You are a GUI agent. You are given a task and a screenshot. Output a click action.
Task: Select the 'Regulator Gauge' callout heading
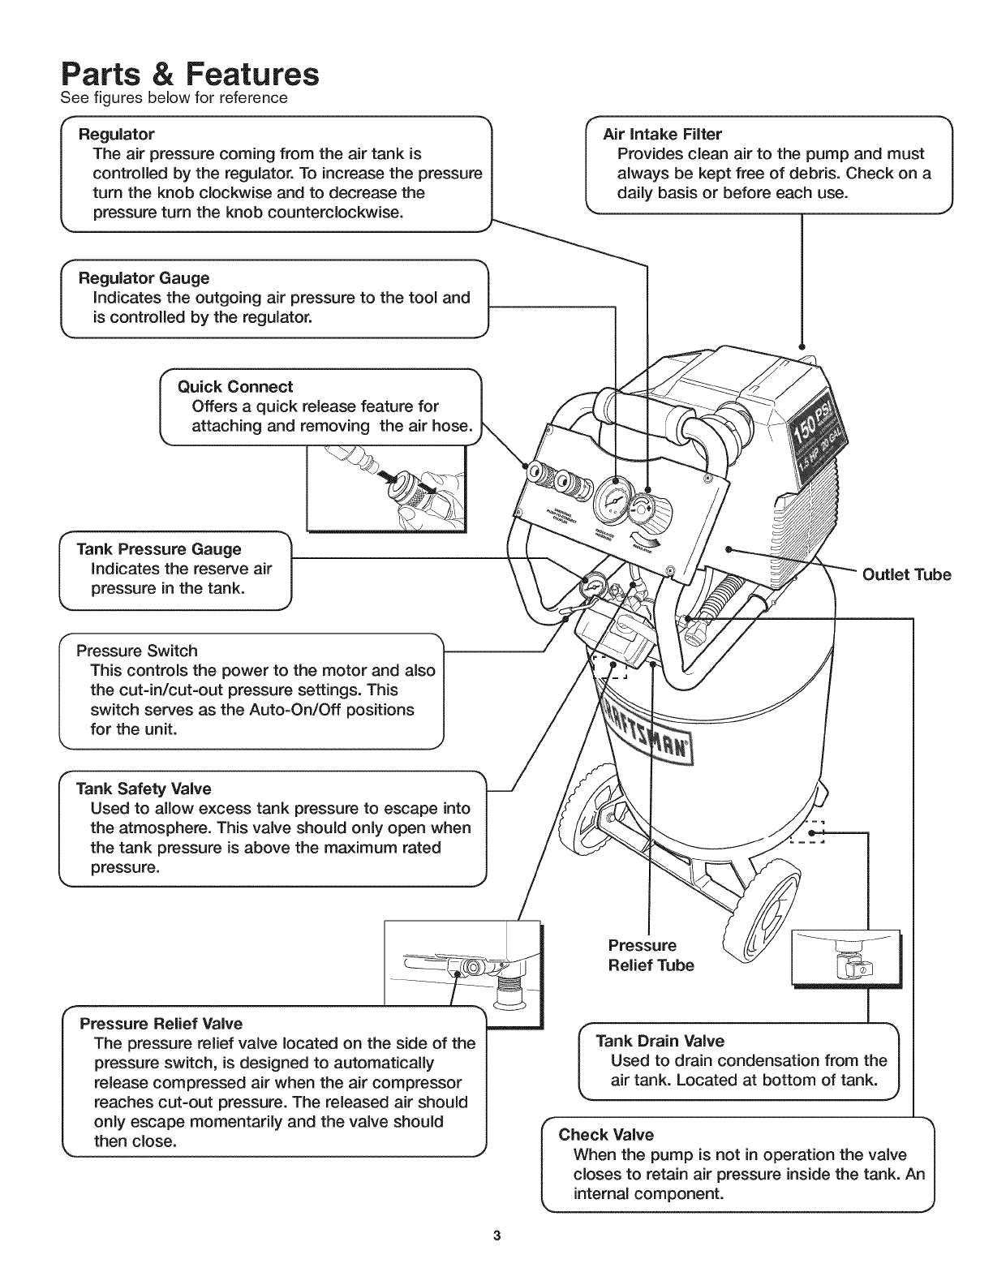[x=143, y=278]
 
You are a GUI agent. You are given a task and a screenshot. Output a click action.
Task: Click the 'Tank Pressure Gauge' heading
[x=158, y=549]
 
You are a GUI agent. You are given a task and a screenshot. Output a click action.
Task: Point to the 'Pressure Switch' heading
[x=136, y=651]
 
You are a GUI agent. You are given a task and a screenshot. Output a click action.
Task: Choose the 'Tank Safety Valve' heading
[x=143, y=789]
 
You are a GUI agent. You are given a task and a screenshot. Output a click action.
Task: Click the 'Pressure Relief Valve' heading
[x=161, y=1023]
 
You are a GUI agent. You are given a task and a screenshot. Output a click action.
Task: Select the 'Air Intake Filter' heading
[x=662, y=134]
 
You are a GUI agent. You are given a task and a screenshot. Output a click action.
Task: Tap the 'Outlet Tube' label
[x=906, y=575]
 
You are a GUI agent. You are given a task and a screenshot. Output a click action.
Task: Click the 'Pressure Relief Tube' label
[x=651, y=955]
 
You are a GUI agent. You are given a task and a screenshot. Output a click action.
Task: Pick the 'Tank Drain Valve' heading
[x=660, y=1041]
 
